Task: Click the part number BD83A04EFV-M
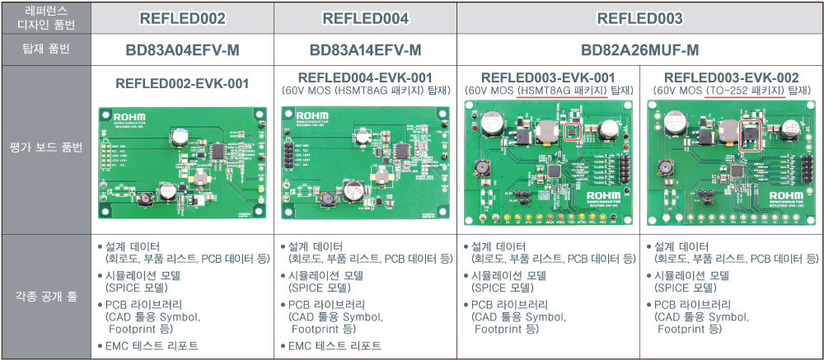(182, 50)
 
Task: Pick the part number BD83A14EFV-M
(365, 50)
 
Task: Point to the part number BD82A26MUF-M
(639, 50)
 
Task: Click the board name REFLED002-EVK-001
(182, 83)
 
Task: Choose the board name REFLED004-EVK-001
(365, 77)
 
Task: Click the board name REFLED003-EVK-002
(731, 77)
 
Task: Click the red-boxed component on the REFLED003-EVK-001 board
(573, 130)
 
